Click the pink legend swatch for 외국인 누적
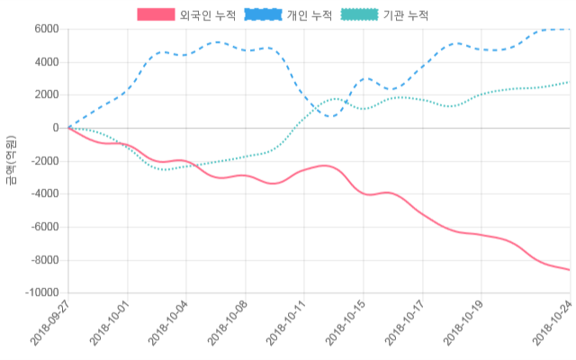pyautogui.click(x=156, y=14)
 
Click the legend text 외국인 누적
pyautogui.click(x=208, y=14)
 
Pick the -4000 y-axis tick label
pyautogui.click(x=43, y=194)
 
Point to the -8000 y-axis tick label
pyautogui.click(x=43, y=260)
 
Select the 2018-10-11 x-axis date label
pyautogui.click(x=286, y=326)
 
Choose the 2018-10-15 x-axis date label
pyautogui.click(x=345, y=326)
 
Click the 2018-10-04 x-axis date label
pyautogui.click(x=168, y=326)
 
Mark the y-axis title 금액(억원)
pyautogui.click(x=11, y=160)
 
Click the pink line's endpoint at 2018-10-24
pyautogui.click(x=570, y=270)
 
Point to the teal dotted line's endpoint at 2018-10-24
pyautogui.click(x=570, y=82)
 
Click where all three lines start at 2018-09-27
pyautogui.click(x=68, y=128)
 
